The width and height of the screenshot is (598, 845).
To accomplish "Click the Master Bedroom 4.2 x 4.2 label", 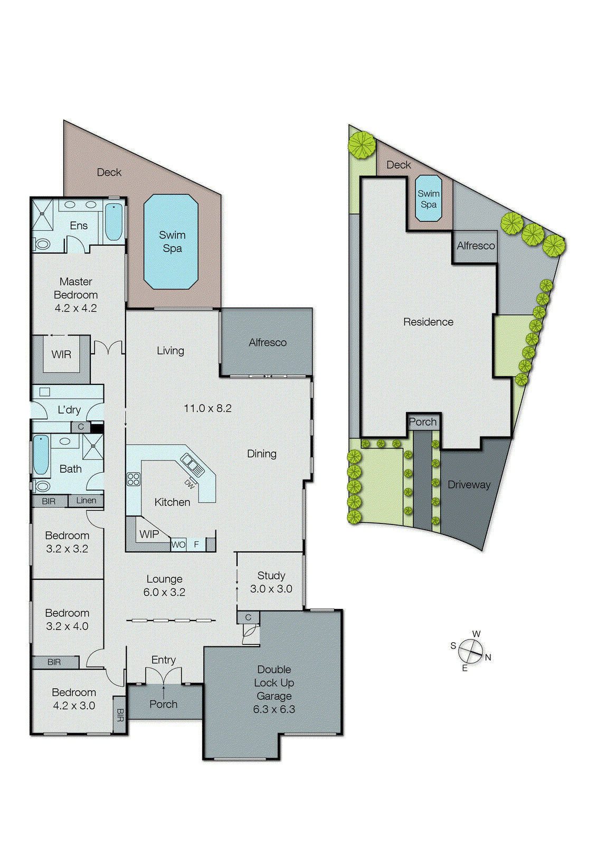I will pyautogui.click(x=75, y=295).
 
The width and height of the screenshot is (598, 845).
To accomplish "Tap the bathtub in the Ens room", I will pyautogui.click(x=113, y=222).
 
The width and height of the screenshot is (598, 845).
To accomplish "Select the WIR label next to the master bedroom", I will pyautogui.click(x=61, y=354).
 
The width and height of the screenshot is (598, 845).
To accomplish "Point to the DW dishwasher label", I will pyautogui.click(x=189, y=484).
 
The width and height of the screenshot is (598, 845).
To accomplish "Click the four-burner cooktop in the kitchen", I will pyautogui.click(x=134, y=479).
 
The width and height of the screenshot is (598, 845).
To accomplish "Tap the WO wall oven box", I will pyautogui.click(x=178, y=544).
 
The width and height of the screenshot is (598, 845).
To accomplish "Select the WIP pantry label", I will pyautogui.click(x=149, y=534).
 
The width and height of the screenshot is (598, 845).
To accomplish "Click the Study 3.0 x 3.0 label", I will pyautogui.click(x=271, y=582).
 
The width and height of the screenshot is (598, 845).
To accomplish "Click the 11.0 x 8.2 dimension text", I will pyautogui.click(x=207, y=408).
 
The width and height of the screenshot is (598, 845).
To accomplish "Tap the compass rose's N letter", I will pyautogui.click(x=488, y=658).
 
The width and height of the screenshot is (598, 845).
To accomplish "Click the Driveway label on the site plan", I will pyautogui.click(x=469, y=484).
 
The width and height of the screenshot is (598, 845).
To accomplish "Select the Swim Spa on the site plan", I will pyautogui.click(x=428, y=199).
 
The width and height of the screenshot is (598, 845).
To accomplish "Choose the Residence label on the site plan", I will pyautogui.click(x=428, y=322).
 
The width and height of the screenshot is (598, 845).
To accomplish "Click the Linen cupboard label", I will pyautogui.click(x=86, y=500).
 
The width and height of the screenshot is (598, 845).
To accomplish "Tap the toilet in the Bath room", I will pyautogui.click(x=43, y=485).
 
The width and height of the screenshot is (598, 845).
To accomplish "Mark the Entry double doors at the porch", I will pyautogui.click(x=163, y=676).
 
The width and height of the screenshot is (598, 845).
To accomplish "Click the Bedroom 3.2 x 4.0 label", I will pyautogui.click(x=67, y=619).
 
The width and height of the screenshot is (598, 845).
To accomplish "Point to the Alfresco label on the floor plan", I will pyautogui.click(x=268, y=342).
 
